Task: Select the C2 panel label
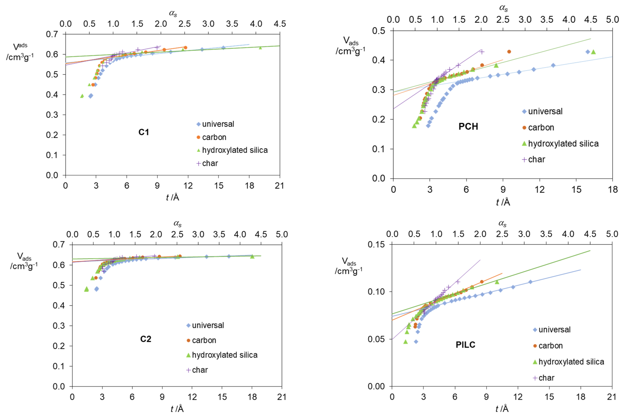[146, 339]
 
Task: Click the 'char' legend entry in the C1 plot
[210, 163]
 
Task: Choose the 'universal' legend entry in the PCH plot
[545, 111]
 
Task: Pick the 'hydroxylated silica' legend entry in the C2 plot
[224, 355]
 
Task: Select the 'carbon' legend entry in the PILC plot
[550, 346]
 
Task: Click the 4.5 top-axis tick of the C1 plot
[280, 24]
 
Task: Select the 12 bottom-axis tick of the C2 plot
[192, 397]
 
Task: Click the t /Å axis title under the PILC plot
[502, 409]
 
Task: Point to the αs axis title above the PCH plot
[503, 8]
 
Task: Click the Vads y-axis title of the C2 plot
[24, 261]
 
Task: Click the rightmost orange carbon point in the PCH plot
[509, 52]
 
